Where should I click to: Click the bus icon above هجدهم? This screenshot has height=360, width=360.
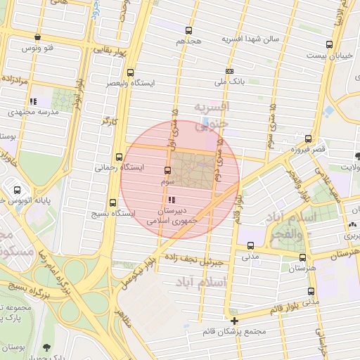coord(188,30)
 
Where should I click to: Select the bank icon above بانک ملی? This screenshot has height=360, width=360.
coord(230,71)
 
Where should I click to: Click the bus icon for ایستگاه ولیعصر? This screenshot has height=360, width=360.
coord(130,72)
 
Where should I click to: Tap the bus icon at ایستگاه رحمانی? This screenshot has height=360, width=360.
coord(118,157)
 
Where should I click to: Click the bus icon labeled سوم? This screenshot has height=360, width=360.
coord(167,171)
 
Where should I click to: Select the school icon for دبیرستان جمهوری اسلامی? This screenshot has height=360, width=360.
coord(173,200)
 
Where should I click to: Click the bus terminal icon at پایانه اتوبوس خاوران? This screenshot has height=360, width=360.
coord(18,190)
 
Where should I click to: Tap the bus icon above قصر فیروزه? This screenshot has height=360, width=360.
coord(308,139)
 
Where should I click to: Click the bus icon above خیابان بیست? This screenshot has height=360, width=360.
coord(329,44)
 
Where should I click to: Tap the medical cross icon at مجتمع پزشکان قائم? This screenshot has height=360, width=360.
coord(235,321)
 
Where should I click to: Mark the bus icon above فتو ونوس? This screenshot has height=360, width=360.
coord(37,37)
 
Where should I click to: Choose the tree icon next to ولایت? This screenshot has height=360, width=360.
coord(358,155)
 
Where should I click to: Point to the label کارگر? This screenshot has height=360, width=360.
coord(108,122)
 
